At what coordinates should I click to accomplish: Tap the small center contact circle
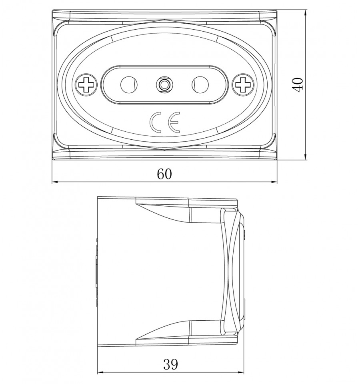(x=164, y=85)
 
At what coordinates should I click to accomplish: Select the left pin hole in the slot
(x=129, y=85)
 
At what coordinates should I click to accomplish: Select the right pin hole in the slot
(x=200, y=85)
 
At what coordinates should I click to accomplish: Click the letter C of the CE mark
(x=156, y=123)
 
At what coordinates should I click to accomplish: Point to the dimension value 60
(x=164, y=174)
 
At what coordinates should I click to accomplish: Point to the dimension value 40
(x=298, y=85)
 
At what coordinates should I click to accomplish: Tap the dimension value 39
(x=170, y=364)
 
